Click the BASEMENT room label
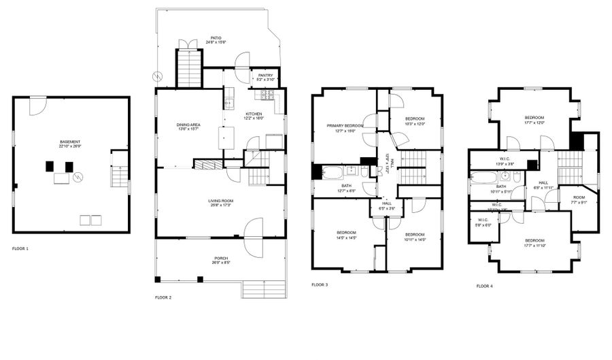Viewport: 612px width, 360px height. pyautogui.click(x=70, y=142)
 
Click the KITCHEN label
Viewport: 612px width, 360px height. pyautogui.click(x=254, y=114)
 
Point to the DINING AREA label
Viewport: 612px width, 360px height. pyautogui.click(x=188, y=125)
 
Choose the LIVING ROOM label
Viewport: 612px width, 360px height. pyautogui.click(x=220, y=201)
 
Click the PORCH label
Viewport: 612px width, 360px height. pyautogui.click(x=221, y=258)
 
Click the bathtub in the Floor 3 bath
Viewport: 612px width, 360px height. pyautogui.click(x=333, y=172)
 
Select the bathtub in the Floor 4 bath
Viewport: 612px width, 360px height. pyautogui.click(x=484, y=179)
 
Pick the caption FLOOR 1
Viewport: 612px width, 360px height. pyautogui.click(x=20, y=248)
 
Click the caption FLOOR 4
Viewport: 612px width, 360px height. pyautogui.click(x=485, y=286)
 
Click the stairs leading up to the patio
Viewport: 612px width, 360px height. pyautogui.click(x=190, y=68)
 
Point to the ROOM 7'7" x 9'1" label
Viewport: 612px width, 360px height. pyautogui.click(x=579, y=199)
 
